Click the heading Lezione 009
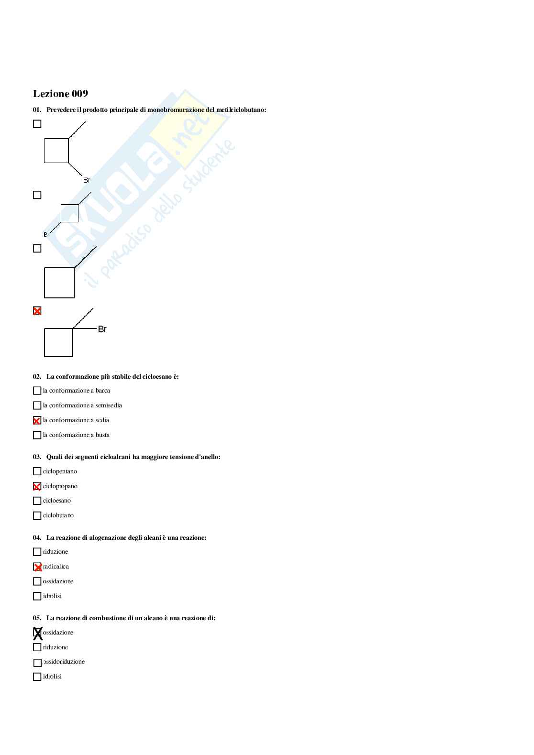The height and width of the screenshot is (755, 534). [x=60, y=94]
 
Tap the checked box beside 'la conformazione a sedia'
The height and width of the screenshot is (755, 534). [x=37, y=421]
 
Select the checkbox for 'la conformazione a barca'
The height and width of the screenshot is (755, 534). [x=37, y=391]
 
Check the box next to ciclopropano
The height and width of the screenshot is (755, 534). [x=37, y=487]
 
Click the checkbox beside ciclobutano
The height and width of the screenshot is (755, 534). [x=37, y=515]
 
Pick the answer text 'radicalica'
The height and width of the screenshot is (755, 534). [x=56, y=567]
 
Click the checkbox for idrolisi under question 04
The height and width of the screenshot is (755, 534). [x=37, y=596]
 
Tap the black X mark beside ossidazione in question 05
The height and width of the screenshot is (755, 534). [x=37, y=633]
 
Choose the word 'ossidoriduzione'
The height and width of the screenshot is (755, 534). [x=64, y=662]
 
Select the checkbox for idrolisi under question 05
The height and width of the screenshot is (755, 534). [x=37, y=677]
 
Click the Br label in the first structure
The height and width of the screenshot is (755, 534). [x=87, y=180]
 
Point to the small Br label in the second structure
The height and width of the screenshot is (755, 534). [x=46, y=235]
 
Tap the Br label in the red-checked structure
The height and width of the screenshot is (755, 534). [x=102, y=329]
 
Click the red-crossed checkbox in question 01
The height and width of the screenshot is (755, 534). [x=37, y=311]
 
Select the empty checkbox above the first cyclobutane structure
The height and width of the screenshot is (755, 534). [x=37, y=124]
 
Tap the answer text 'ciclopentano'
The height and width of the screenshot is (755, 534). [x=60, y=471]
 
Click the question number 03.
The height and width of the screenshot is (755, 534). [x=37, y=457]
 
